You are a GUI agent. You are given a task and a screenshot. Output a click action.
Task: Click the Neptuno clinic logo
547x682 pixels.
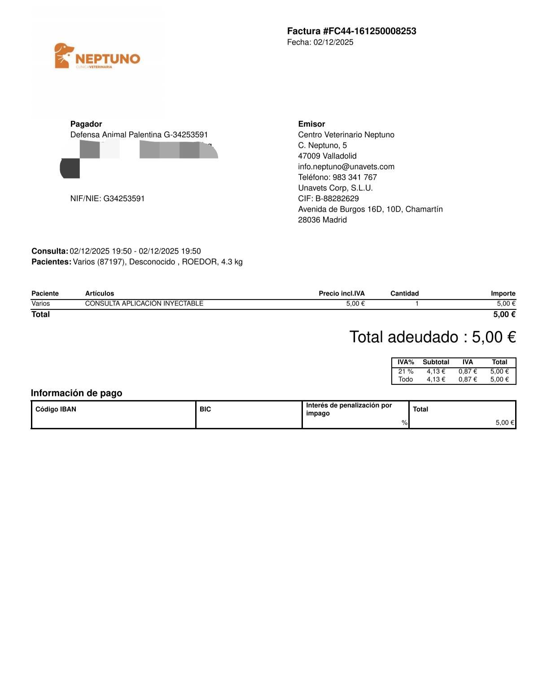coord(97,56)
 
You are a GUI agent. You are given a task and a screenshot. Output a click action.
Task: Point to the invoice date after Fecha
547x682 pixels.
coord(333,42)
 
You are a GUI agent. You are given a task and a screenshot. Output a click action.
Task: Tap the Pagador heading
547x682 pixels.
coord(86,124)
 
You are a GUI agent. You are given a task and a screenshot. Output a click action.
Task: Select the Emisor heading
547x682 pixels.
coord(311,124)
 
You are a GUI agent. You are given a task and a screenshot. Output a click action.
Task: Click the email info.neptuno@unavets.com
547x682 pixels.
coord(346,167)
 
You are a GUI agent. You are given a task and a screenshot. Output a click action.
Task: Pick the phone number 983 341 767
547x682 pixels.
coord(354,177)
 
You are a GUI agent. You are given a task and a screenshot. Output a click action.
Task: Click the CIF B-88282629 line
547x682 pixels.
coord(328,198)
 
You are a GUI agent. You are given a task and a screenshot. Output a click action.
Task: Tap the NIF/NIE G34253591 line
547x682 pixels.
coord(107,198)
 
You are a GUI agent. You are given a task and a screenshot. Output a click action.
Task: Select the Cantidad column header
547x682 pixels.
coord(404,294)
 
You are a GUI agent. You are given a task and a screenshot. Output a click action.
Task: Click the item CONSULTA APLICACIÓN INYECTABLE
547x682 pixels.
coord(144,304)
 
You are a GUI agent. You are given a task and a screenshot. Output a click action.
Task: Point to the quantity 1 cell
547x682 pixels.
coord(417,304)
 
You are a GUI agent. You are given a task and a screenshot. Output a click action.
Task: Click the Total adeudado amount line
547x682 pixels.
coord(433,337)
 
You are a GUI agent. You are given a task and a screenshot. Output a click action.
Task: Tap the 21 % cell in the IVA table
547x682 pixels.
coord(406,371)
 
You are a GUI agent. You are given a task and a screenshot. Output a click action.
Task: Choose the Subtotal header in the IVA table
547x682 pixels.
coord(436,362)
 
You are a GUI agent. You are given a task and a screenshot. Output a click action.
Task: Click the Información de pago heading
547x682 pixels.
coord(76,393)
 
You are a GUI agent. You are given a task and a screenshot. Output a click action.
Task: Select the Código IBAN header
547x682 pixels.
coord(56,409)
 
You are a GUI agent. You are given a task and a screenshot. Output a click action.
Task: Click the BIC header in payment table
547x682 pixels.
coord(205,409)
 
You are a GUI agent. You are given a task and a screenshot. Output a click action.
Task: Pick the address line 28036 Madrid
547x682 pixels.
coord(322,220)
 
